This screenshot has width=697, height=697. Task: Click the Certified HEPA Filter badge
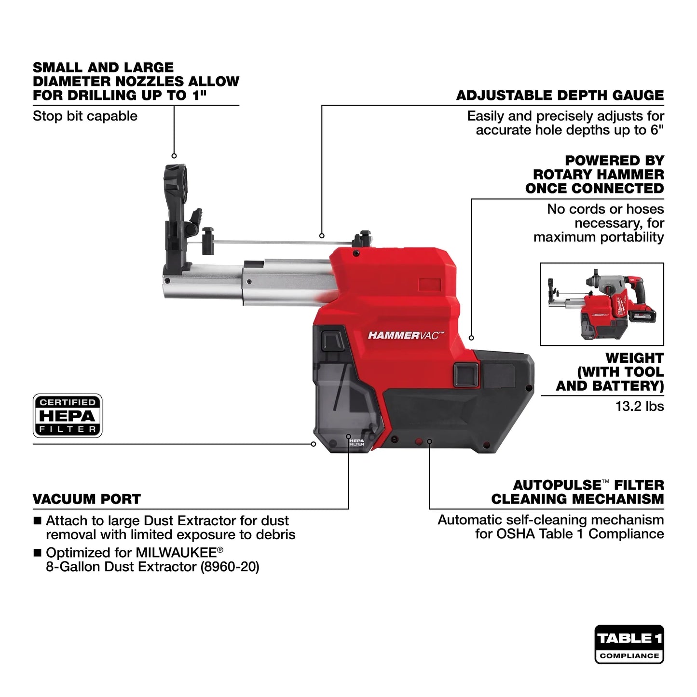pyautogui.click(x=68, y=415)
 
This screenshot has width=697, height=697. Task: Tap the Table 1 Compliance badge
pyautogui.click(x=629, y=644)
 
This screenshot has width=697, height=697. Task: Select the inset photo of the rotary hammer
pyautogui.click(x=601, y=304)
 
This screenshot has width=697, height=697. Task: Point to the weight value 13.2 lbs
pyautogui.click(x=639, y=406)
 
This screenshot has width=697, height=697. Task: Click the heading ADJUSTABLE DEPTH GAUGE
pyautogui.click(x=560, y=95)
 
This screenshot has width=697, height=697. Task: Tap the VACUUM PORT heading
pyautogui.click(x=87, y=499)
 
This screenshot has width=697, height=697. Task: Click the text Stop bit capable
pyautogui.click(x=85, y=116)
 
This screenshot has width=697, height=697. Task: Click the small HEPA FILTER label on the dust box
pyautogui.click(x=356, y=441)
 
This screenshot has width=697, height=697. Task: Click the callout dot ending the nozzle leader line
pyautogui.click(x=174, y=156)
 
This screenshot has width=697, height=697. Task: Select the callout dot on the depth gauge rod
pyautogui.click(x=322, y=236)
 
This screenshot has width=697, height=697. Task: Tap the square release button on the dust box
pyautogui.click(x=332, y=341)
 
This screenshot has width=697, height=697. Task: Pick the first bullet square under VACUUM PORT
pyautogui.click(x=37, y=521)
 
